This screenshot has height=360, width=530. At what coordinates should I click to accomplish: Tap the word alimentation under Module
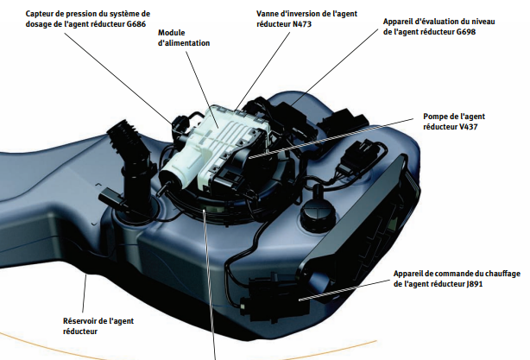184,42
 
